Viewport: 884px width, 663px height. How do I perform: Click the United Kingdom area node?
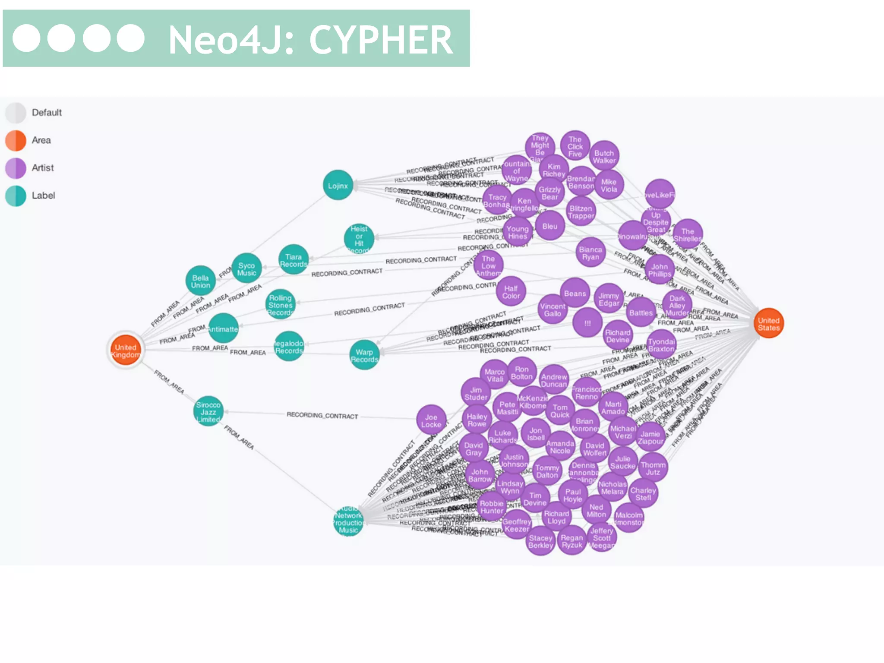[126, 350]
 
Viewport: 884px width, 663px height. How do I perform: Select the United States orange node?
[769, 324]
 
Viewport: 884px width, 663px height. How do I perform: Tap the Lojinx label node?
[338, 186]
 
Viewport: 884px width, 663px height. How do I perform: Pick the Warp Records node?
[364, 355]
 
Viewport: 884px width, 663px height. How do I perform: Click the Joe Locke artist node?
[431, 420]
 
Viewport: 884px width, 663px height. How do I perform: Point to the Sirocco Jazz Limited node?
[208, 411]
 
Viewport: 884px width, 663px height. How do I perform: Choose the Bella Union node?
[201, 281]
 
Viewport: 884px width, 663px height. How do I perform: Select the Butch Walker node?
[604, 156]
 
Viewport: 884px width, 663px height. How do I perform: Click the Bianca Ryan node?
[590, 253]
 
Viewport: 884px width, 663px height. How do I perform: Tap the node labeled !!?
[587, 323]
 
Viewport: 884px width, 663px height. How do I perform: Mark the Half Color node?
[511, 292]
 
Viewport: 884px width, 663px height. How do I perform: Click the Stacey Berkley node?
[540, 541]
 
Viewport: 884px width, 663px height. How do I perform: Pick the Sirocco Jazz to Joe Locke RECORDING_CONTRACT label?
[322, 415]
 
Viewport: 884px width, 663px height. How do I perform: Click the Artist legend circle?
[16, 168]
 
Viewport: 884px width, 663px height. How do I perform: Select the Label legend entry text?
[43, 196]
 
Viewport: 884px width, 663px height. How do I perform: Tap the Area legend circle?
[16, 140]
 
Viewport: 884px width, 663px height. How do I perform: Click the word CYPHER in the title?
[381, 40]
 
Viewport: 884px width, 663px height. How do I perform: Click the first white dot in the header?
[27, 38]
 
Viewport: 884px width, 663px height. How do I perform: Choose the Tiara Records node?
[294, 260]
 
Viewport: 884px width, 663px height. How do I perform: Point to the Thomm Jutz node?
[653, 468]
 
